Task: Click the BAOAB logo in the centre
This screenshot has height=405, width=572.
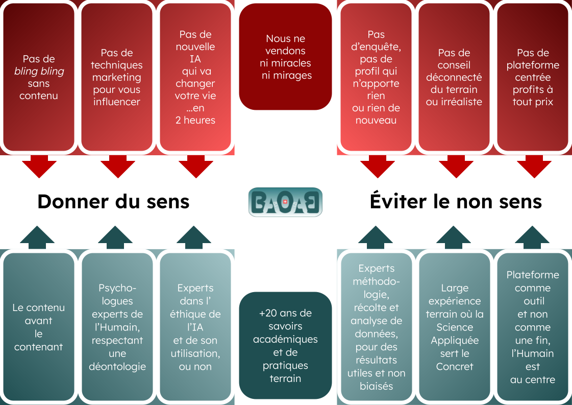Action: [x=285, y=202]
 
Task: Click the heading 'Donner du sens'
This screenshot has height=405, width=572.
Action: [x=113, y=202]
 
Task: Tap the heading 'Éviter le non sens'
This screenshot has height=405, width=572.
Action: [x=456, y=202]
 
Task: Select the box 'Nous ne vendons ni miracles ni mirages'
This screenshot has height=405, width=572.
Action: [x=285, y=57]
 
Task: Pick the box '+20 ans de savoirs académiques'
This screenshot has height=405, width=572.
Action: [x=285, y=345]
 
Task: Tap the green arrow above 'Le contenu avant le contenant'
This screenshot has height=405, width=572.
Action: [x=37, y=237]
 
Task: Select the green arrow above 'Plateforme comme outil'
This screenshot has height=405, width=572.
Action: [x=532, y=237]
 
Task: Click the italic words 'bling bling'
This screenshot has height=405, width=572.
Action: [x=39, y=71]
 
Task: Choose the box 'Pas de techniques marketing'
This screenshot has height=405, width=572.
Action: [x=117, y=77]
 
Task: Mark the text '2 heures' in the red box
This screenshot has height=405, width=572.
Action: [x=195, y=120]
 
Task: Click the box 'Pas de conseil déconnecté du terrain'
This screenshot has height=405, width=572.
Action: [x=454, y=77]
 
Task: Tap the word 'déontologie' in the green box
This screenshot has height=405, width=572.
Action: [x=117, y=366]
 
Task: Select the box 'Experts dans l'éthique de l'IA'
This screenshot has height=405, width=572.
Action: [x=195, y=327]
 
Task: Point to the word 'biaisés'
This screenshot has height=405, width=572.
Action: [x=377, y=386]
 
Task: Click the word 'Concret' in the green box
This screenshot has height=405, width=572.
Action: [x=455, y=366]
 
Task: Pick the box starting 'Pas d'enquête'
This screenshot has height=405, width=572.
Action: [x=376, y=77]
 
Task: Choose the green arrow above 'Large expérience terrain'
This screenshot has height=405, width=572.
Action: [x=454, y=237]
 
